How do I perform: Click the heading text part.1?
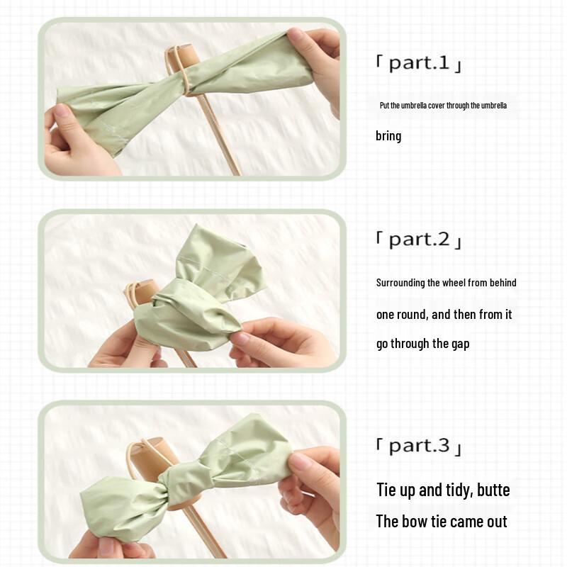coord(418,63)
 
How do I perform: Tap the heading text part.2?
coord(418,240)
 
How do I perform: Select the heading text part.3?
coord(418,446)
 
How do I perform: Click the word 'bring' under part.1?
coord(388,135)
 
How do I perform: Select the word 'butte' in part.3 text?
coord(493,490)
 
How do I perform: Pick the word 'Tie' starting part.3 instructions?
coord(386,490)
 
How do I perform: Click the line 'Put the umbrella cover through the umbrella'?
coord(443,106)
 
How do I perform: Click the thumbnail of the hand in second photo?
coord(241,338)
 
